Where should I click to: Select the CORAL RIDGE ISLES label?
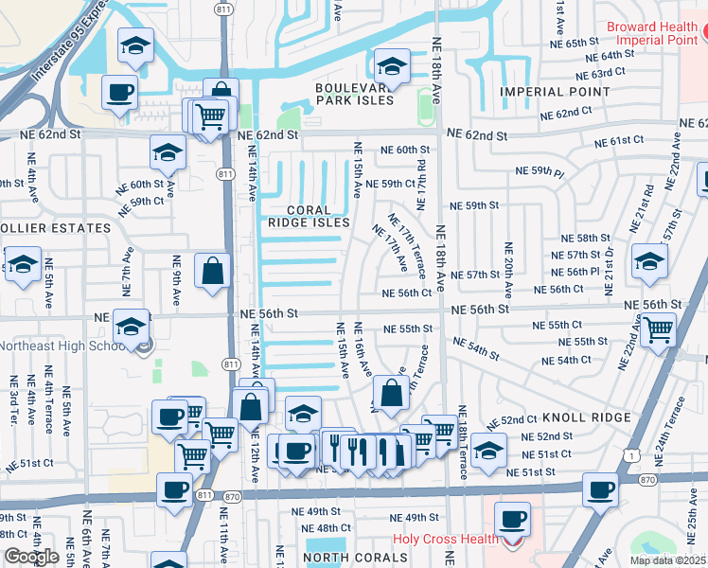coord(308,216)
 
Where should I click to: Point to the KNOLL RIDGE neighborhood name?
coord(587,417)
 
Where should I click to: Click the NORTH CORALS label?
coord(357,558)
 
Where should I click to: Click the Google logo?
coord(31,557)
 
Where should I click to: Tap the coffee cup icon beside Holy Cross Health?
coord(512,519)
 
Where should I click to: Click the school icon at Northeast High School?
coord(131,328)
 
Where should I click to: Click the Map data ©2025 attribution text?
coord(668,560)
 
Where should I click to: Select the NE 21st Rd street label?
coord(648,204)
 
